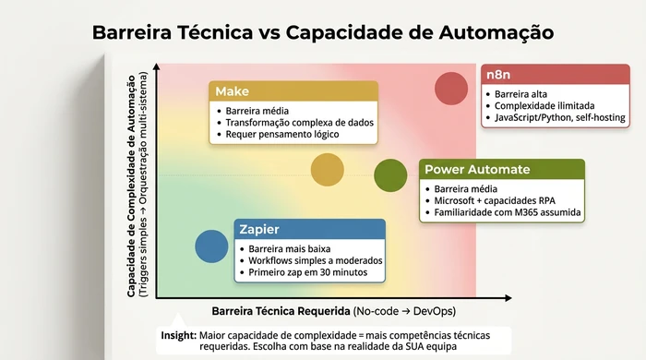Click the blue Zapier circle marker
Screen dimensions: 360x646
coord(212,246)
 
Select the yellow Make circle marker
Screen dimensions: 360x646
coord(328,169)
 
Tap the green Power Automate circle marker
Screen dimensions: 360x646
coord(391,175)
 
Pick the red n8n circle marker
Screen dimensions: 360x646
coord(452,90)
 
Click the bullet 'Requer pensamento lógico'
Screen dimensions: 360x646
coord(282,135)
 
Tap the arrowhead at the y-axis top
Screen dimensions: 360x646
coord(157,66)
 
